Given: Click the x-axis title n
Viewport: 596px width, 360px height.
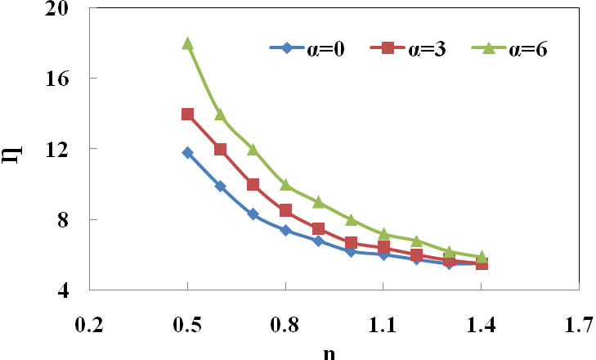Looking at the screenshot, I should [x=329, y=352].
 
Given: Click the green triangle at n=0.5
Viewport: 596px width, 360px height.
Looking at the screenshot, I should [x=187, y=43].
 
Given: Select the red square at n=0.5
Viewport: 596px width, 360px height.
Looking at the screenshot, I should [x=187, y=115].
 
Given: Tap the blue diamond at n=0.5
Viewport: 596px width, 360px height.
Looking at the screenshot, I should [x=187, y=153].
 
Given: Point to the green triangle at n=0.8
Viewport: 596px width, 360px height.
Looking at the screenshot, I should [x=285, y=185].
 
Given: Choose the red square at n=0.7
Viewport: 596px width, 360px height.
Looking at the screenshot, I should [x=253, y=185].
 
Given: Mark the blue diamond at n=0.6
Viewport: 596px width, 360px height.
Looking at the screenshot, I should [x=220, y=187].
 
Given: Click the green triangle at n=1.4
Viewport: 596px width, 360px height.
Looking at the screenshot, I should [x=482, y=257].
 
